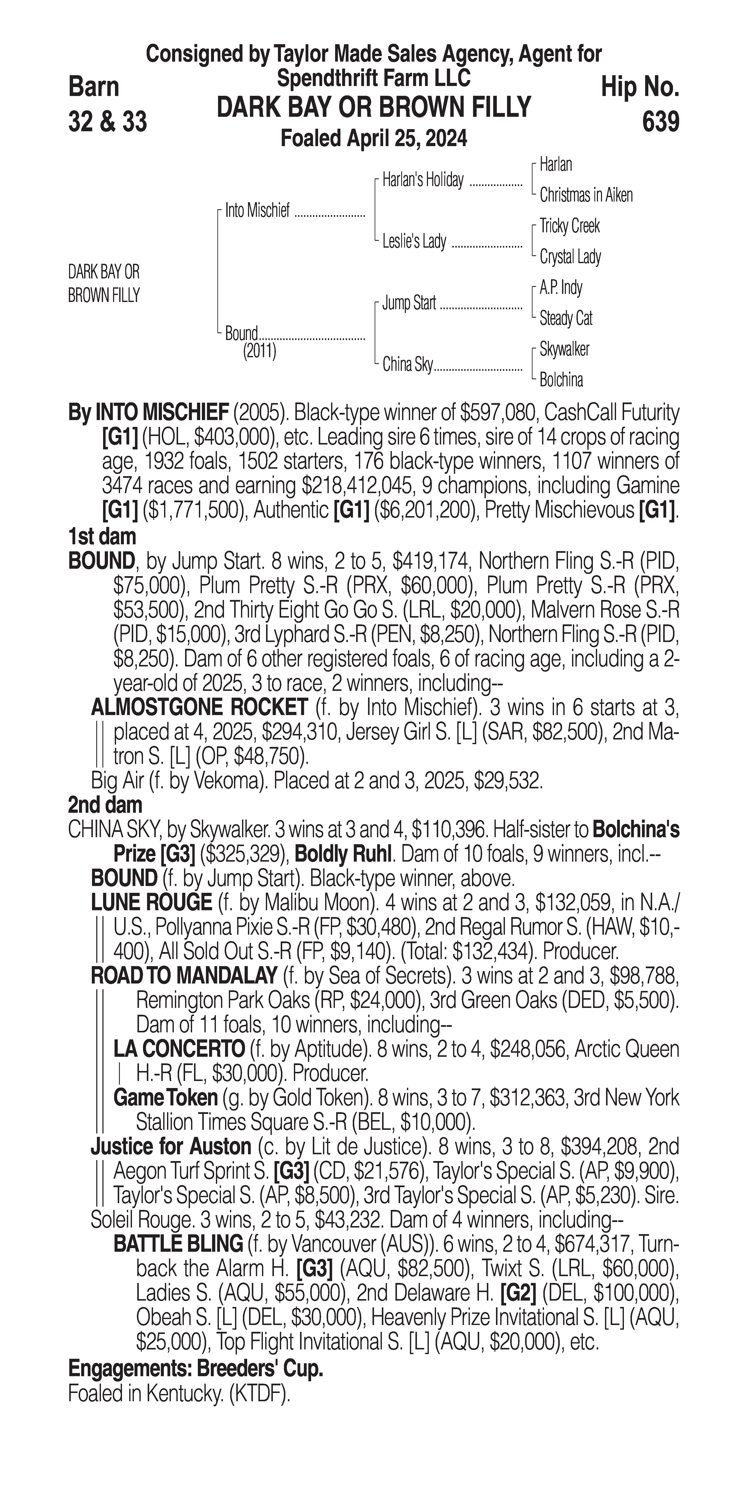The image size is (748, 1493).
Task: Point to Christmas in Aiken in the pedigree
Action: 586,195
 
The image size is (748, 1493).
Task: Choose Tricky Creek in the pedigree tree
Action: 569,226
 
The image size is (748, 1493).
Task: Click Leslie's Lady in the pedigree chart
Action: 414,242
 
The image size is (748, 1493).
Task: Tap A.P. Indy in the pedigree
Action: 561,288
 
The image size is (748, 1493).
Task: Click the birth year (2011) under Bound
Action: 259,351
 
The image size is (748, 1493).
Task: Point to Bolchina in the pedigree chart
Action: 561,380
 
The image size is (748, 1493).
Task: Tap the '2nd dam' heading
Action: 105,804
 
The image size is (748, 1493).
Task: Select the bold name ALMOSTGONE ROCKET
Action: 200,708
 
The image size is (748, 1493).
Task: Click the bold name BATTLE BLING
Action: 178,1243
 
